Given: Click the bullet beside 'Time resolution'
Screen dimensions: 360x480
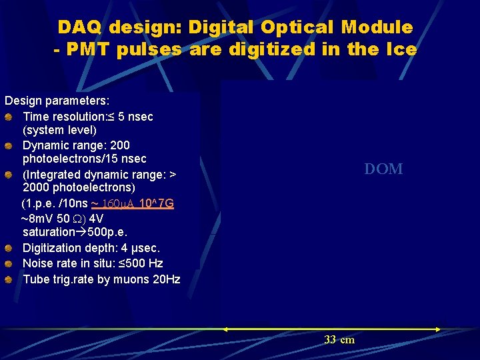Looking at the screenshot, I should point(8,117).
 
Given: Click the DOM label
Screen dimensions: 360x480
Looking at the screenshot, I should point(383,169).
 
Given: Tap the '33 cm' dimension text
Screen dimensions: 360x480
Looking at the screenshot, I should point(339,340).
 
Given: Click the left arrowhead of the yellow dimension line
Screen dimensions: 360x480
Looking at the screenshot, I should point(225,329).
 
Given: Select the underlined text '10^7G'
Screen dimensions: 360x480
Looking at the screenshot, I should point(157,203).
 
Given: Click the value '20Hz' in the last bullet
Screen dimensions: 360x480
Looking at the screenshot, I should point(167,279).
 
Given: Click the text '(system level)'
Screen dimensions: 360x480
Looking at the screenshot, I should point(59,130).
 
